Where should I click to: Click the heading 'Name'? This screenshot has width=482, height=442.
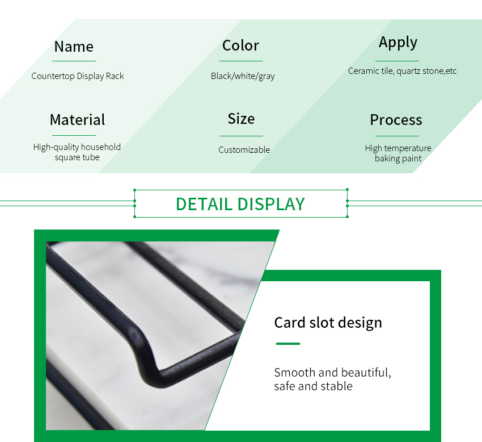coord(74,47)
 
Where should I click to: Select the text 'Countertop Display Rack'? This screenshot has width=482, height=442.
coord(78,76)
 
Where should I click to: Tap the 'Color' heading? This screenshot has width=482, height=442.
coord(240,45)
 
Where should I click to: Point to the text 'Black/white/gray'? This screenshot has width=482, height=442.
coord(243,76)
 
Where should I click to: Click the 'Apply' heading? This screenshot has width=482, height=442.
coord(398,43)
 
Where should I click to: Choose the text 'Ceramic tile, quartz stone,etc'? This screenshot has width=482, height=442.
coord(402,71)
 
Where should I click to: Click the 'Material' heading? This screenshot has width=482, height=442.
coord(77,120)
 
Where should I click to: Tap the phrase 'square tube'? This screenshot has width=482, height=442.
coord(77,157)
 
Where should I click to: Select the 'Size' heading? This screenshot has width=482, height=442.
coord(241,119)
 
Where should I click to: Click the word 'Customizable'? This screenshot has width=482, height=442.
coord(244,149)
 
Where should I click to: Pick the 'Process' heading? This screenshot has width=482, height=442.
coord(396,120)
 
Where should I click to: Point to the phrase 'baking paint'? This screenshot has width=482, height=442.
coord(398,159)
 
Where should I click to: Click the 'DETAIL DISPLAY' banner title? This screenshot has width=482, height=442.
coord(240,204)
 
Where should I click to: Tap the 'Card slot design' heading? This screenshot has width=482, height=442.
coord(328,323)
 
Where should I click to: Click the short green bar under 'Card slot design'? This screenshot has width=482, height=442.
coord(287,344)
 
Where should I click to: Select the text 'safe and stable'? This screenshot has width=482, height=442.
coord(313,386)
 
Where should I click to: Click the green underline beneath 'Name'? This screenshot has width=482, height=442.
coord(74,61)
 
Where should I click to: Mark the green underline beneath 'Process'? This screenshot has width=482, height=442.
coord(397,136)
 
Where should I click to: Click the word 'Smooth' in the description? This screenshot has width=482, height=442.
coord(294,373)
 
